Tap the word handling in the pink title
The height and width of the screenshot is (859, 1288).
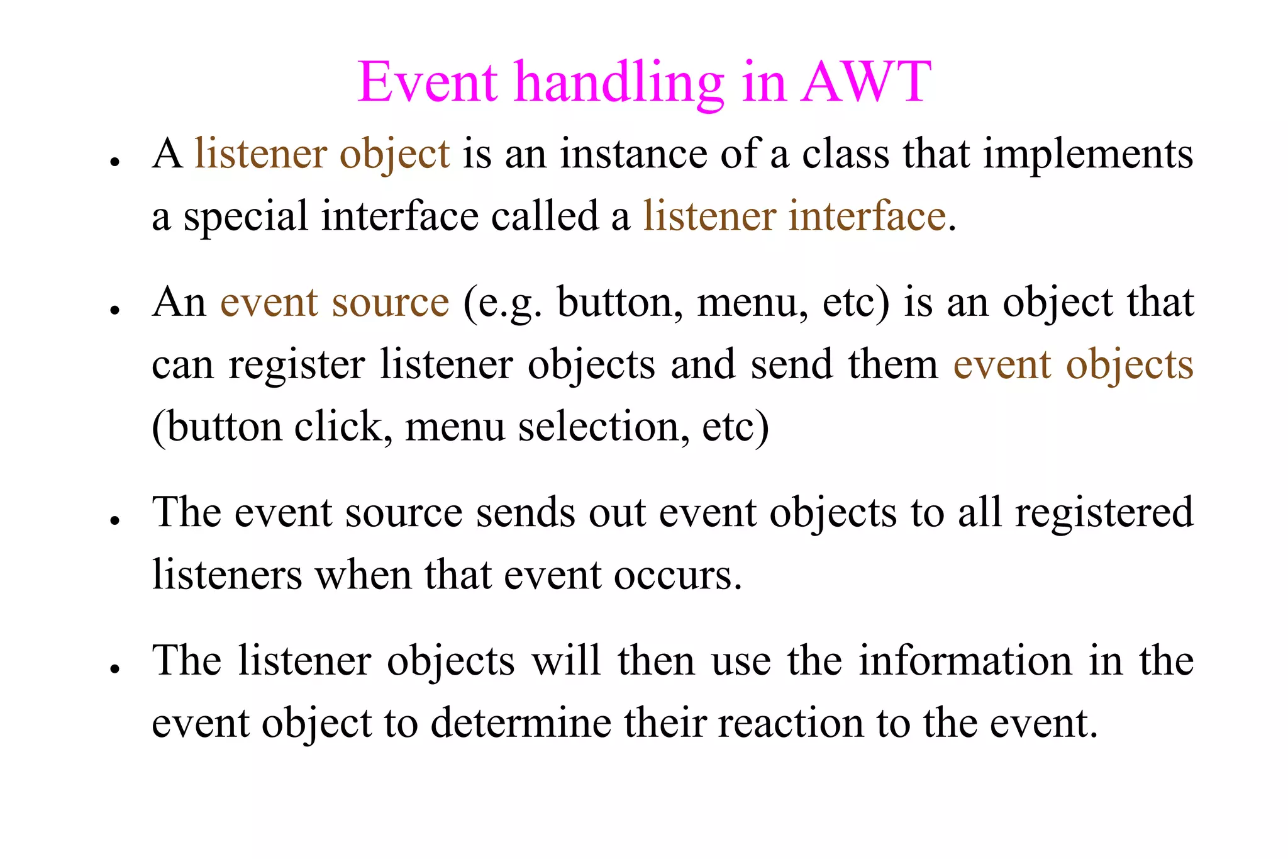619,83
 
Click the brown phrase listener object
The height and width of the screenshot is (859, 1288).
322,154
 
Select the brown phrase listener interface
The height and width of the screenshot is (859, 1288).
794,216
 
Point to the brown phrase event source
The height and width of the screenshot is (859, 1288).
335,303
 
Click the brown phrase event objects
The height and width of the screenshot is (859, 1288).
1073,365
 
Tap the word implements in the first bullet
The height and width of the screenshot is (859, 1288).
1087,154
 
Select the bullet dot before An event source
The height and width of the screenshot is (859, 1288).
114,310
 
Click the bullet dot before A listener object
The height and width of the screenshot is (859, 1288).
114,162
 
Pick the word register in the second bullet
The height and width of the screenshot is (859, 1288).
296,365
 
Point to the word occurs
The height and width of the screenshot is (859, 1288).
677,575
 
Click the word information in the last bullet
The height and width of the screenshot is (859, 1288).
965,661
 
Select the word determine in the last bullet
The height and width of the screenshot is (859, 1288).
521,722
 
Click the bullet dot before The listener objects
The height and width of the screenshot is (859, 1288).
114,668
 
